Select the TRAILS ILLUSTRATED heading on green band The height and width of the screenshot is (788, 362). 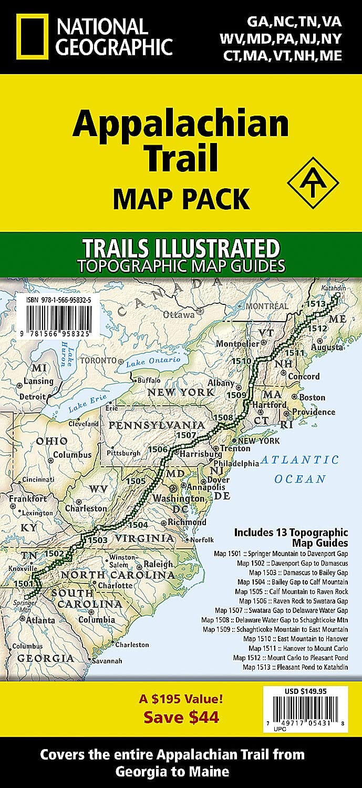tap(180, 247)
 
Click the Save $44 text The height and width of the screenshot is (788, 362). tap(181, 717)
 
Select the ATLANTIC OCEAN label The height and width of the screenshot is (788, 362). tap(300, 469)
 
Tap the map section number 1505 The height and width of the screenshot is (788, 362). tap(136, 480)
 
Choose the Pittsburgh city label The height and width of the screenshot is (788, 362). tap(124, 453)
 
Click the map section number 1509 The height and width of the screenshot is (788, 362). tap(237, 395)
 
